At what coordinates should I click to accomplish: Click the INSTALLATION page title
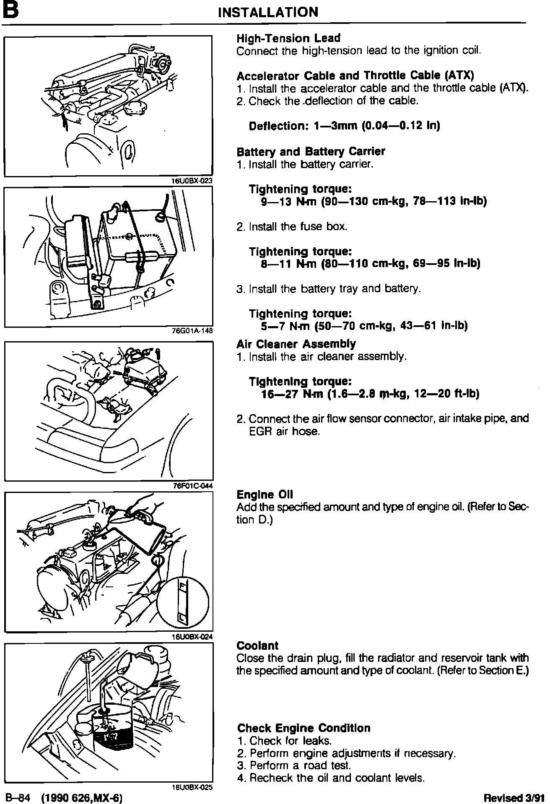pos(268,12)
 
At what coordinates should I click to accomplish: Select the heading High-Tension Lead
pos(288,39)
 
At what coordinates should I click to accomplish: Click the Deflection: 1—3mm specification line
pos(344,126)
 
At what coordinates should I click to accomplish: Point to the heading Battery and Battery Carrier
pos(311,151)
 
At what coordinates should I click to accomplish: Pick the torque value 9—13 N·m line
pos(374,202)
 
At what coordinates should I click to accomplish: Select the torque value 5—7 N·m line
pos(364,326)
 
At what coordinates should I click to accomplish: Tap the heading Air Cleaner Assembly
pos(296,344)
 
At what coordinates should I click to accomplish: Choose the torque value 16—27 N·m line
pos(370,394)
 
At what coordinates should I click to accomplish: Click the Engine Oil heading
pos(265,495)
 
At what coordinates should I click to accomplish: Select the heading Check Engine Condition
pos(304,728)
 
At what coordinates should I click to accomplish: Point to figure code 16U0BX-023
pos(192,181)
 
